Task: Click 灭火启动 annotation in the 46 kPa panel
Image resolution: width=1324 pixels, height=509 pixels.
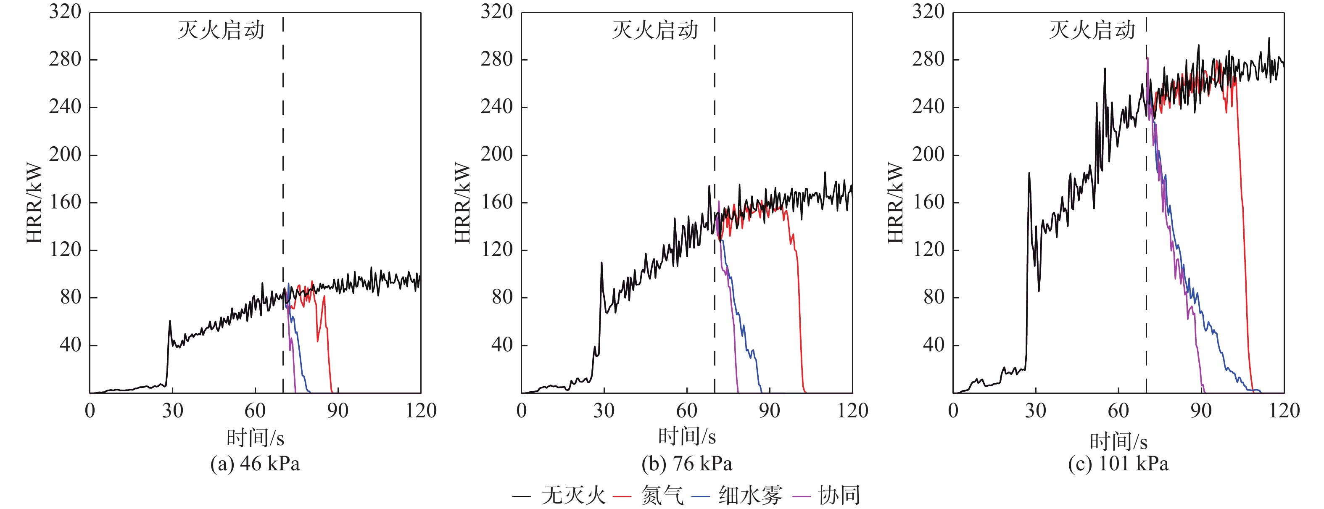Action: click(x=221, y=30)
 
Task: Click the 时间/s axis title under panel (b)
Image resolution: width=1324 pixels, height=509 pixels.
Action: click(x=687, y=437)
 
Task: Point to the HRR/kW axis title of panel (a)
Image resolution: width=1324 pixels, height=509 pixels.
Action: click(x=34, y=203)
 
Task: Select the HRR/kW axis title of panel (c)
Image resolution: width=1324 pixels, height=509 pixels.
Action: click(x=895, y=203)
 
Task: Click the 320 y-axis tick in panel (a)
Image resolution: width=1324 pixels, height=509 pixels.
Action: click(x=65, y=12)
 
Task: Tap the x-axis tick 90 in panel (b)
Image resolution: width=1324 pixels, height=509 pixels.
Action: click(x=770, y=411)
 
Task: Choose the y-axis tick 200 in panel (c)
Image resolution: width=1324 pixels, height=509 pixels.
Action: click(x=928, y=154)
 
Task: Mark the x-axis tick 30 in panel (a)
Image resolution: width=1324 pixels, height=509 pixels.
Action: click(x=173, y=411)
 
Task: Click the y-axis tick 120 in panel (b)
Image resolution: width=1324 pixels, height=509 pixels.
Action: click(x=496, y=250)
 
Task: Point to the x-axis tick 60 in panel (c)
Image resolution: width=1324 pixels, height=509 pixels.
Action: click(x=1118, y=411)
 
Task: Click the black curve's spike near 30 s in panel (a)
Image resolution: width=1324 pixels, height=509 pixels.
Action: click(x=170, y=322)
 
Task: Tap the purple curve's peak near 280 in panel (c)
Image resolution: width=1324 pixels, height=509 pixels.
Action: click(x=1148, y=58)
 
